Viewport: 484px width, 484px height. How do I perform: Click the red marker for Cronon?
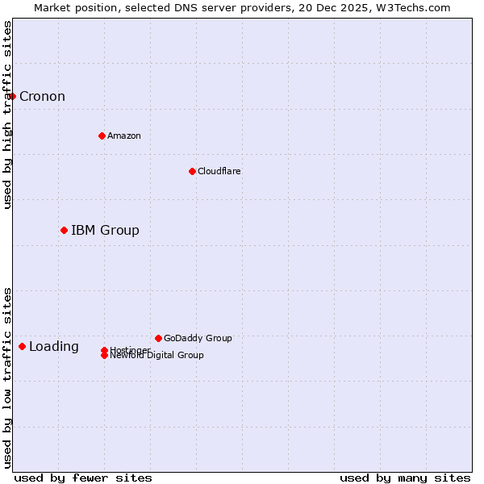point(12,97)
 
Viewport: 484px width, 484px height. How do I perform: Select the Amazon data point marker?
point(102,136)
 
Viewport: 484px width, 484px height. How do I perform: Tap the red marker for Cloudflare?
point(192,171)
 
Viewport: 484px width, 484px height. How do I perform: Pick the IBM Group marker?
point(64,231)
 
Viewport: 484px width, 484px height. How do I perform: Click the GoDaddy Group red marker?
point(158,338)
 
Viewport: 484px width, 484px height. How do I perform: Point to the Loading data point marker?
point(22,347)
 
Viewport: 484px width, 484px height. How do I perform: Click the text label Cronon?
point(42,97)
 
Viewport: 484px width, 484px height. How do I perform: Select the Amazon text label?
point(123,136)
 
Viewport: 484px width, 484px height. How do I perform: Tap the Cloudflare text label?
point(219,171)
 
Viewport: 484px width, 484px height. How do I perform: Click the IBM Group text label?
point(105,231)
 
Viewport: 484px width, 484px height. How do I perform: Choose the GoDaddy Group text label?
point(198,338)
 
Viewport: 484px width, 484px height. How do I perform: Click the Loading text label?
point(54,347)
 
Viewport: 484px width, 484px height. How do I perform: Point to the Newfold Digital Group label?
point(156,356)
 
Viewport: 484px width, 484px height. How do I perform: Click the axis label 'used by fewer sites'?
point(83,478)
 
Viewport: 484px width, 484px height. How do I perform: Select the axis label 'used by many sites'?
point(405,478)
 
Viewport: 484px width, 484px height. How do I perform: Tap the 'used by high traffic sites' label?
point(8,115)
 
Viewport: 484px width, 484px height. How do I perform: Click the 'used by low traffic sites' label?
point(8,378)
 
